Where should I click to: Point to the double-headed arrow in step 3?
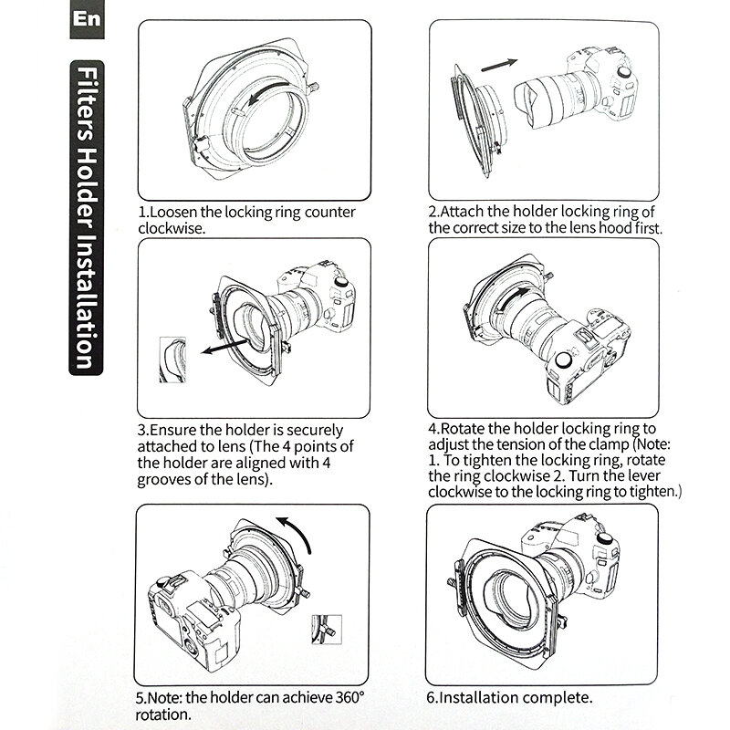[x=224, y=347]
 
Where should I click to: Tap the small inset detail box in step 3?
[x=175, y=357]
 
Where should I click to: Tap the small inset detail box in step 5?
[x=325, y=631]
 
